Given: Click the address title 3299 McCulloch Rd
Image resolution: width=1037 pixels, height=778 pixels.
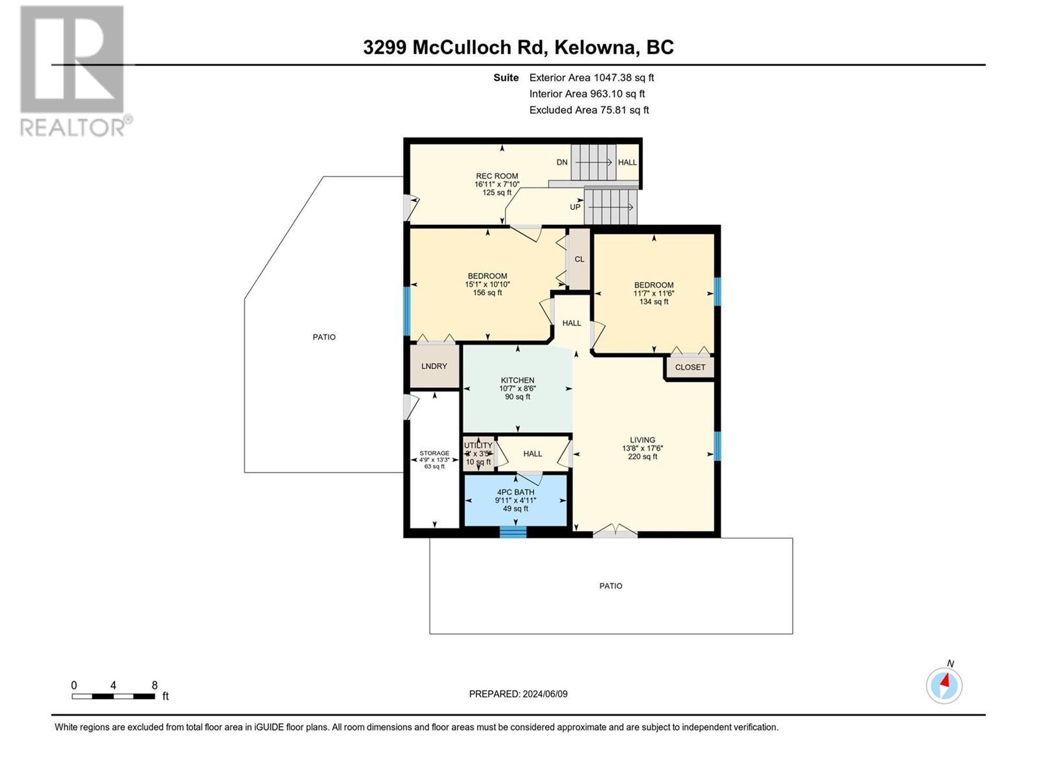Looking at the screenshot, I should pos(518,47).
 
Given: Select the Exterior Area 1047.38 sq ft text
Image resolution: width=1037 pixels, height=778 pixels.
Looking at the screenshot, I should pos(591,78).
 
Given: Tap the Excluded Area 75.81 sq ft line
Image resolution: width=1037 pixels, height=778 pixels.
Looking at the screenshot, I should pos(588,110).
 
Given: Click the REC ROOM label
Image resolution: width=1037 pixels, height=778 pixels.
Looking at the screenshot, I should pos(497,176).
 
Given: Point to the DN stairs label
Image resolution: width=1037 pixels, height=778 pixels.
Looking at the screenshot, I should pos(562,163).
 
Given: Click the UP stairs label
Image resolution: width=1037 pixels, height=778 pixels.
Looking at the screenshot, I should pos(575,207).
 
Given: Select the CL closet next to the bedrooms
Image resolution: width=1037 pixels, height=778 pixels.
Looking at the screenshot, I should pos(579,259).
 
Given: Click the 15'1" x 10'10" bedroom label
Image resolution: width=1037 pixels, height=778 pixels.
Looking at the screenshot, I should pos(487,285).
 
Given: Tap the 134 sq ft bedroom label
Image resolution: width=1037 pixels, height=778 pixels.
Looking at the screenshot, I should pos(653,301).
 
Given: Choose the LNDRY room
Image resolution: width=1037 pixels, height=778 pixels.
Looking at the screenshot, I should pos(434,366).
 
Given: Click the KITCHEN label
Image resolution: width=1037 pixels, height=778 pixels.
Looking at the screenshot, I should pos(517,381).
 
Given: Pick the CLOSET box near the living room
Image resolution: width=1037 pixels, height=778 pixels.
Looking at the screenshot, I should pos(690,368).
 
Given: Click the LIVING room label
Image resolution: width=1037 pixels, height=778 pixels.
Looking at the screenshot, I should pos(642,440).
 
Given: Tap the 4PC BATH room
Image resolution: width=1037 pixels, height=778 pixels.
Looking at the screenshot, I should pos(515,500).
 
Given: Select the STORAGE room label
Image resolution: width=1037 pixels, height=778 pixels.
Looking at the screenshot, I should pos(434,454).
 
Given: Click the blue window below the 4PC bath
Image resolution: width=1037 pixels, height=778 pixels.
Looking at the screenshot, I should pos(513,532).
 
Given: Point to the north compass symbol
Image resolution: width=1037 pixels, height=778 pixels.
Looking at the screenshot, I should pos(944,685).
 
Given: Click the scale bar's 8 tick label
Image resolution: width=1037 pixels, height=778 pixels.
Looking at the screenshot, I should pos(154,685).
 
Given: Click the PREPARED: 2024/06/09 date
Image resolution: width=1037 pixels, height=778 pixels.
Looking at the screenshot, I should pos(518,694).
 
